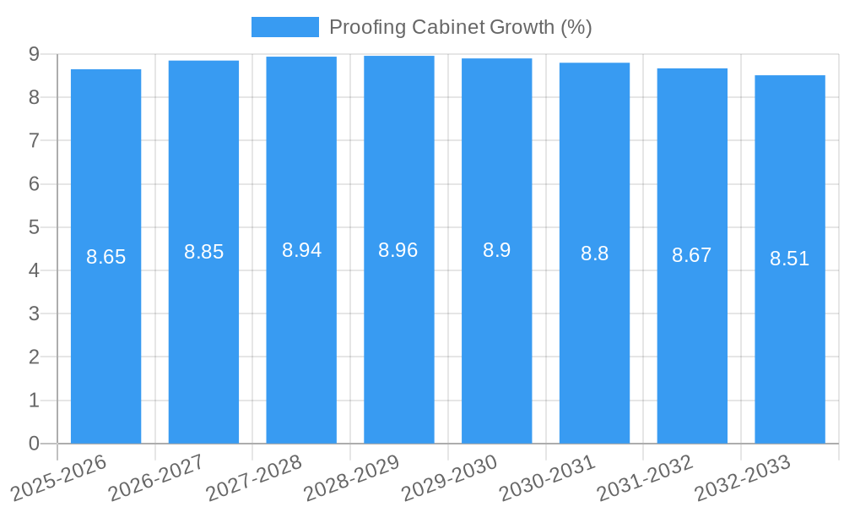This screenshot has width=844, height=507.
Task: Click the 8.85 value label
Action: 204,252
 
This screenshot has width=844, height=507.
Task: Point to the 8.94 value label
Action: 301,250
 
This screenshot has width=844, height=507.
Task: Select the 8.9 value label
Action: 497,250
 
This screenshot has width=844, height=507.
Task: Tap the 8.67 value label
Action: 692,255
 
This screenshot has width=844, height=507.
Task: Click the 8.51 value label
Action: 790,259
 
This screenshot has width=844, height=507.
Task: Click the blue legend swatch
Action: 285,27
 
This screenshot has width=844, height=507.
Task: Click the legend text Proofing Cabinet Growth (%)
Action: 460,27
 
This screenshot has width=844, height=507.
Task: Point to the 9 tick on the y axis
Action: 34,54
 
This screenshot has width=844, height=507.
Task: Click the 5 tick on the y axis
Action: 34,227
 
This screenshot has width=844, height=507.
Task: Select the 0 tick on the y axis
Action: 34,444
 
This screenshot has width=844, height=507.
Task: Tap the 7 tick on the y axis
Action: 34,140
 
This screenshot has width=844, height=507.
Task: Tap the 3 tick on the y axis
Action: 34,313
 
